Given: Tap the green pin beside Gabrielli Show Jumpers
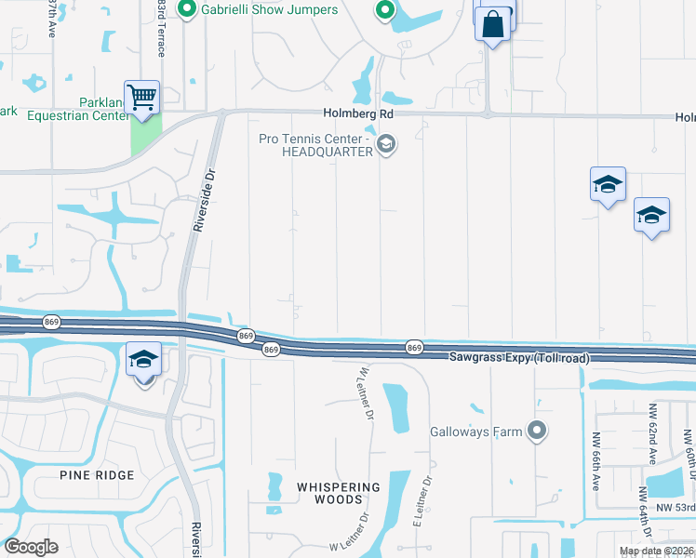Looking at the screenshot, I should [x=185, y=9].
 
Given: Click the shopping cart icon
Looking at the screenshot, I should [x=141, y=97].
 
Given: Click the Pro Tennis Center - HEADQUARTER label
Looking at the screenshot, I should [x=315, y=145].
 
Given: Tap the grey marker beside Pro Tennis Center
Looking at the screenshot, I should [x=385, y=144].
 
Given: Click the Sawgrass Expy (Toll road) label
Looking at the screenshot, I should [x=517, y=357].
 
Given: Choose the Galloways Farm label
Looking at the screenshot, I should [x=475, y=432].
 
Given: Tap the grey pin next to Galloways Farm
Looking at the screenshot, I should [x=536, y=430].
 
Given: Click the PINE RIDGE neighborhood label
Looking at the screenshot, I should [x=97, y=475].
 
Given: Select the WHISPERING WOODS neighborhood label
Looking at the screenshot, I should [x=339, y=493].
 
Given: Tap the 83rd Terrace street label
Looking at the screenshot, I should [x=161, y=28].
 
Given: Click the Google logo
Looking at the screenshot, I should [x=32, y=546].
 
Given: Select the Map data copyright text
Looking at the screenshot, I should [x=657, y=551].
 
